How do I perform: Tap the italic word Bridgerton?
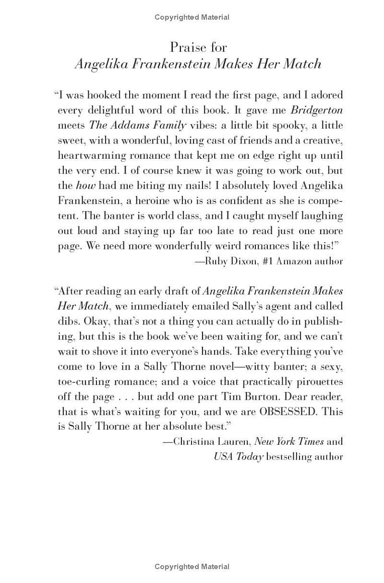[317, 110]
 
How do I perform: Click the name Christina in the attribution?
[192, 441]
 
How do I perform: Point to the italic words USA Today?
[239, 456]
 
